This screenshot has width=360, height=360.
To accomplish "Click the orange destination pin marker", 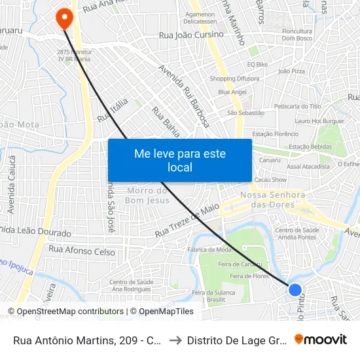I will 64,18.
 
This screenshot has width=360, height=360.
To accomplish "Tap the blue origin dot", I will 295,289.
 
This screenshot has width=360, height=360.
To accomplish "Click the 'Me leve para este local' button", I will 180,160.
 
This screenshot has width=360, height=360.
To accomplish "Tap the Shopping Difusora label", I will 235,79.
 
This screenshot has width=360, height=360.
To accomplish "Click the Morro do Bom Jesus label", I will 147,195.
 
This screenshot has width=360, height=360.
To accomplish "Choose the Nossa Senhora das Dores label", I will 273,200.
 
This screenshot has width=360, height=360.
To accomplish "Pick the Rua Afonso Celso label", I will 82,251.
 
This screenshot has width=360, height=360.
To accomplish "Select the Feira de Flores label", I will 249,276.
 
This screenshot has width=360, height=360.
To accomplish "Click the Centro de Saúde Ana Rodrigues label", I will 131,285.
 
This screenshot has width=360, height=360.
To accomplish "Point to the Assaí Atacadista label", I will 308,167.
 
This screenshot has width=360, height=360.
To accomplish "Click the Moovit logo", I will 321,340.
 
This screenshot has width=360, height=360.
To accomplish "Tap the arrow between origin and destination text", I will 175,340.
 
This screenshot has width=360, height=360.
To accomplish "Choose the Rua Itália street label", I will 110,109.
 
